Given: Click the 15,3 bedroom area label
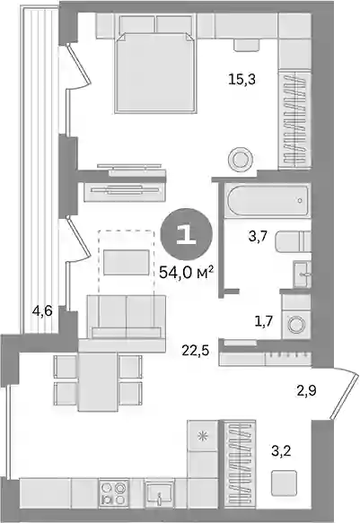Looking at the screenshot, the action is (x=242, y=79).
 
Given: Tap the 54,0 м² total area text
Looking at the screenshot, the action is (x=186, y=274).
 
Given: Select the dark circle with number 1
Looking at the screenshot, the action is (x=187, y=234).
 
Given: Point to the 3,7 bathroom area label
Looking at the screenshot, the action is (x=258, y=237).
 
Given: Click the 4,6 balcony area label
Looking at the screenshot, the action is (x=42, y=312).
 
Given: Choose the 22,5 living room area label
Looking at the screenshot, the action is (x=196, y=350).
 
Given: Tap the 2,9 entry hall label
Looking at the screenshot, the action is (x=307, y=389).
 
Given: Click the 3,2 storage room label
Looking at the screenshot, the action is (x=281, y=451).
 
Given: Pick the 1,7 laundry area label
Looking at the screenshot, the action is (x=264, y=322).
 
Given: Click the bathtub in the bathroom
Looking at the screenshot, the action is (x=268, y=200).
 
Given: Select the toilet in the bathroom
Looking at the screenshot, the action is (x=294, y=241).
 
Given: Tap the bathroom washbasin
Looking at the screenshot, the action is (x=303, y=275).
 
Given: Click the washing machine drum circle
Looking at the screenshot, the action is (x=295, y=325).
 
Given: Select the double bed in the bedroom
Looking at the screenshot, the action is (x=154, y=73).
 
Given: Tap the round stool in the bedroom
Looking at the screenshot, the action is (x=240, y=159).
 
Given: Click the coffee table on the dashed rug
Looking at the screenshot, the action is (x=126, y=263).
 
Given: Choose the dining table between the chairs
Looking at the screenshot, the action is (x=98, y=381).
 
